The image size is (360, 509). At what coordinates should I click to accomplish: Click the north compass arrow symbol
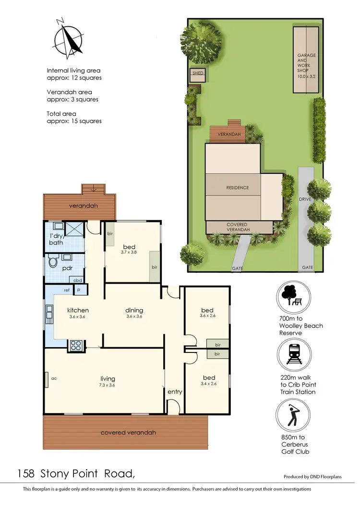click(x=69, y=38)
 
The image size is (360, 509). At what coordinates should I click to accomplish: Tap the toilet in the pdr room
click(x=53, y=263)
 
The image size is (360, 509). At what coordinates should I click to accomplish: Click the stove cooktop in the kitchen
click(x=76, y=344)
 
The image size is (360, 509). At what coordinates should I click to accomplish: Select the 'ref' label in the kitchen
click(x=67, y=290)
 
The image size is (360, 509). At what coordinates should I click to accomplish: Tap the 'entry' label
click(x=175, y=392)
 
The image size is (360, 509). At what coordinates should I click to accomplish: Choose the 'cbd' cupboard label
click(x=78, y=280)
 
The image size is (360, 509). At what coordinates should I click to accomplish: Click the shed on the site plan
click(x=198, y=73)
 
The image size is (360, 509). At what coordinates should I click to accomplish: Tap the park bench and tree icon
click(x=292, y=296)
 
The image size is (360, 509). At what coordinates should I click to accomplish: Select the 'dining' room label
click(x=134, y=310)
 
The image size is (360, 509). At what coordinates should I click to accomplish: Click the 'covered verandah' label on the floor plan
click(x=128, y=433)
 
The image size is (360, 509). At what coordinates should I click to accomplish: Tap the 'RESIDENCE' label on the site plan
click(x=238, y=188)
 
